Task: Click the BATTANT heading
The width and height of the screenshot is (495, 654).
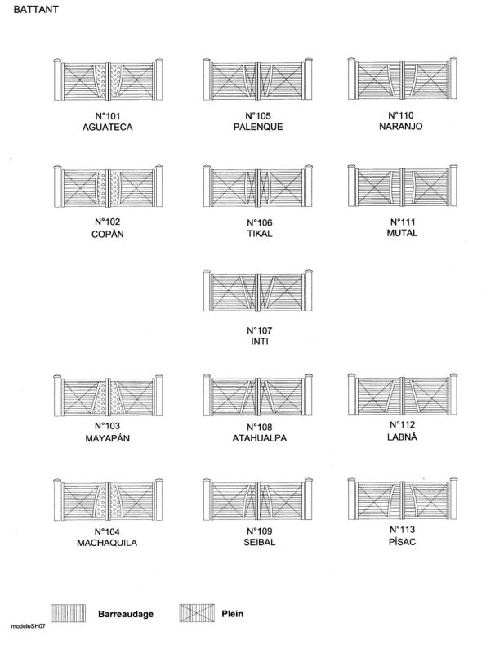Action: (x=36, y=10)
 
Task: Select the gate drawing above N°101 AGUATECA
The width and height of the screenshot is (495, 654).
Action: (x=109, y=79)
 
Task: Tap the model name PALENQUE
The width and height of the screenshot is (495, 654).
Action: (x=258, y=127)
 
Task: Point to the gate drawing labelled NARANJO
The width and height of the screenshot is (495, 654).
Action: (x=403, y=78)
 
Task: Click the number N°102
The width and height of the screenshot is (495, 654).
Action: (x=108, y=222)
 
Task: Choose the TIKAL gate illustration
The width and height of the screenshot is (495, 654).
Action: (x=258, y=186)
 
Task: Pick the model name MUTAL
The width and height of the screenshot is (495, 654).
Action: (x=402, y=233)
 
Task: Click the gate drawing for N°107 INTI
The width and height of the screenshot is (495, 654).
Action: (x=258, y=291)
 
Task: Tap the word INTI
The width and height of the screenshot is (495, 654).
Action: (x=260, y=342)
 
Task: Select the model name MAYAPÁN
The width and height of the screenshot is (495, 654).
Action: (x=108, y=438)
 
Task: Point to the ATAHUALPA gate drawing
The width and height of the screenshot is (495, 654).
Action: (x=258, y=395)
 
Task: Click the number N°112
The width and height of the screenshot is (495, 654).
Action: (x=403, y=425)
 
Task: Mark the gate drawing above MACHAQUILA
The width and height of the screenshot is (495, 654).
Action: (x=109, y=499)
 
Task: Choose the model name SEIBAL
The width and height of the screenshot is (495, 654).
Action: (x=260, y=543)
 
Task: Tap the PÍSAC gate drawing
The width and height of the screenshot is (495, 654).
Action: (x=403, y=499)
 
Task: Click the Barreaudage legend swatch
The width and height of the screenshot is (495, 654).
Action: (x=69, y=613)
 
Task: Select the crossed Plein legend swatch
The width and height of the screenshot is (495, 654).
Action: (x=197, y=613)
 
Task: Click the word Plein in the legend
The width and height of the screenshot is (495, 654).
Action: (x=233, y=614)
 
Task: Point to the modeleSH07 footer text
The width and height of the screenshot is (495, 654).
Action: (x=29, y=626)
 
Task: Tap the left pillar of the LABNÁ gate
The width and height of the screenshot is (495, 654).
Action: (x=351, y=395)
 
